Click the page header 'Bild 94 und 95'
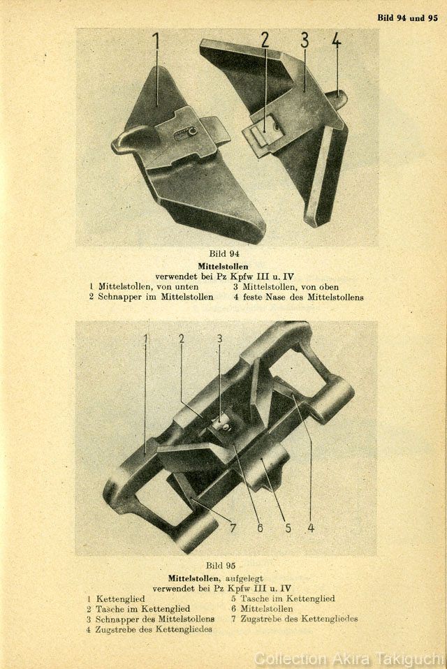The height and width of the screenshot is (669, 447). [407, 18]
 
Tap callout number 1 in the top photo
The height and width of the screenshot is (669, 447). [156, 41]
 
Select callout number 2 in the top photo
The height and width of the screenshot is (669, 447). [265, 40]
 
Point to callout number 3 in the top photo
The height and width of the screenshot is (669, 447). [304, 40]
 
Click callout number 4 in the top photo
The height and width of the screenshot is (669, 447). [337, 40]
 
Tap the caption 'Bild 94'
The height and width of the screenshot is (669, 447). [224, 254]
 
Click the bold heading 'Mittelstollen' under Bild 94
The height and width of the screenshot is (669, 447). [223, 266]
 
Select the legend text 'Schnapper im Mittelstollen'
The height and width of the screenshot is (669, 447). [156, 297]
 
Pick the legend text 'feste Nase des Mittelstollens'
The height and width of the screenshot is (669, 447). [303, 297]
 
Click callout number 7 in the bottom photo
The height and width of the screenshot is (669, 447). [233, 528]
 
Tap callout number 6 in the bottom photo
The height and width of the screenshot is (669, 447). [260, 528]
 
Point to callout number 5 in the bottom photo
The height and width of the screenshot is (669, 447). [288, 528]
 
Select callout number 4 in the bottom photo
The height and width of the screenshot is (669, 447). [311, 528]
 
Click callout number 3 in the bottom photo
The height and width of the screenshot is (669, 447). [220, 339]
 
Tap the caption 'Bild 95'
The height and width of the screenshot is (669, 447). [221, 566]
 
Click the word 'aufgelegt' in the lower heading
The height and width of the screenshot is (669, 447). [244, 578]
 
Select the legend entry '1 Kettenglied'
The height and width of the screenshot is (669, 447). [116, 599]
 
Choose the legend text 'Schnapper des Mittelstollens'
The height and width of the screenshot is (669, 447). [155, 619]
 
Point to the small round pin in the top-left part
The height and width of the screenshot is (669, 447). [192, 131]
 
